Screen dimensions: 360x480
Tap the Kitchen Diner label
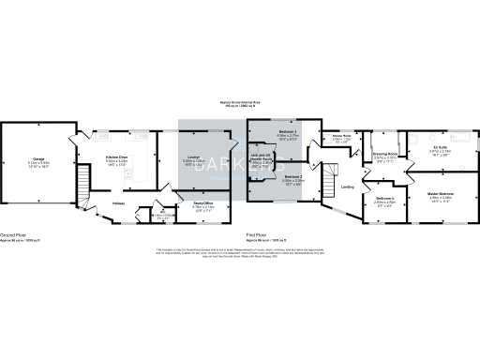(116, 157)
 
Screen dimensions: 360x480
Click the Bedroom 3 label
(288, 134)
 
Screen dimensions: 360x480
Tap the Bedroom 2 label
(293, 176)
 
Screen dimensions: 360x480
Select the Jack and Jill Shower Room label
(260, 157)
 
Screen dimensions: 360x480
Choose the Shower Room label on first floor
(340, 136)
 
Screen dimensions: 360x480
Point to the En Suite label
(440, 147)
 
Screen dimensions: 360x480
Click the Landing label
(347, 187)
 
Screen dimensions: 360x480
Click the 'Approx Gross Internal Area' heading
(239, 101)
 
